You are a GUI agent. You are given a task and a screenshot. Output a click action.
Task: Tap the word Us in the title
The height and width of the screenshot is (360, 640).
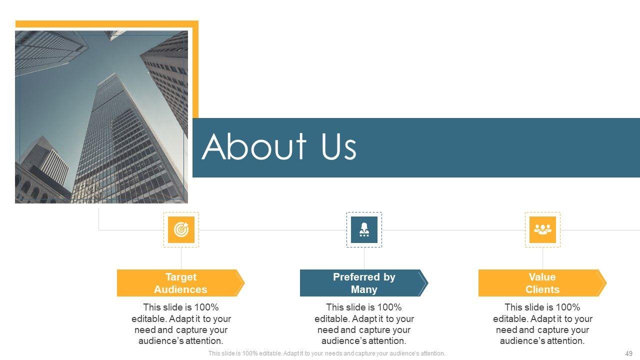pos(339,147)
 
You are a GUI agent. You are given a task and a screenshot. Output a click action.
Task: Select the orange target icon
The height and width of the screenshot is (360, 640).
pos(181,229)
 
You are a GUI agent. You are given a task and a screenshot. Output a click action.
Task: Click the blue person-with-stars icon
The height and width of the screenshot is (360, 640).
pos(364,229)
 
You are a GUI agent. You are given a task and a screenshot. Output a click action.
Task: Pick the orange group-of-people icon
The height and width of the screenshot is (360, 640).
pos(542,229)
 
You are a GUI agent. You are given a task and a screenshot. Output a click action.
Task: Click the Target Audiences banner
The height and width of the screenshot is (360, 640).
pos(181,283)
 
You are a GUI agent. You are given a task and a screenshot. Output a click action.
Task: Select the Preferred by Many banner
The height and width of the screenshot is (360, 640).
pos(364,283)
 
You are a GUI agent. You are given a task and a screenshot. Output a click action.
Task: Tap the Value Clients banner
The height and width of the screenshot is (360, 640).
pos(542,283)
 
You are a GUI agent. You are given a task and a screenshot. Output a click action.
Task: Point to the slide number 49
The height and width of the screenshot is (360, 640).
pos(629,353)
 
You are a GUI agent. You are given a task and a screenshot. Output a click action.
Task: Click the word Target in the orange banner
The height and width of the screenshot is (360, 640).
pos(181,277)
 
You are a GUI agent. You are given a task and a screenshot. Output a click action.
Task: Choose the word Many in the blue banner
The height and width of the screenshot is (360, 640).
pos(364,289)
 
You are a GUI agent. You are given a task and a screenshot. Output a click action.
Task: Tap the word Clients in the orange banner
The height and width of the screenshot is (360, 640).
pos(542,289)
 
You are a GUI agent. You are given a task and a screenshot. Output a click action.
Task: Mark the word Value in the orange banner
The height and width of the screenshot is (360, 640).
pos(542,277)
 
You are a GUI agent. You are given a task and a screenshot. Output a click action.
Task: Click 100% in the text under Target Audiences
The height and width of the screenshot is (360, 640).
pos(206,307)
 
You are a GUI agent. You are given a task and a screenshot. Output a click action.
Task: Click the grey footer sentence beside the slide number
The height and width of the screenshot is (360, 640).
pos(326,353)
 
